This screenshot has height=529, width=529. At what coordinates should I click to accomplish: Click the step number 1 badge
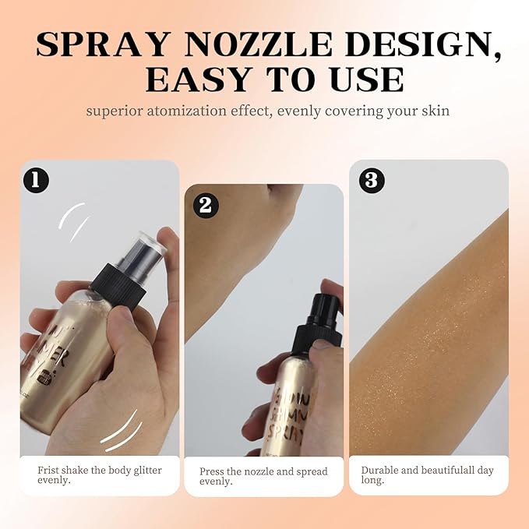tap(37, 179)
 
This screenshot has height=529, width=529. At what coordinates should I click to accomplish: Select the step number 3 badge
tap(371, 180)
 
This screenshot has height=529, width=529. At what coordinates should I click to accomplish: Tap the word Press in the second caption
tap(212, 471)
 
